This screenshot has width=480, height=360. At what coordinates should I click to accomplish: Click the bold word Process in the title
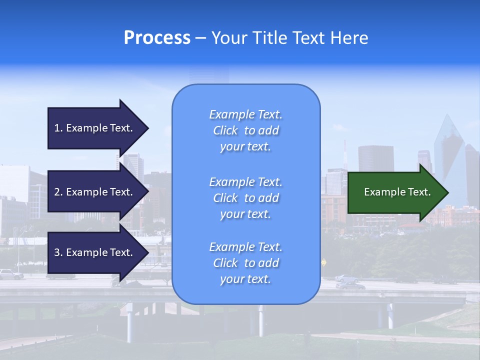[x=157, y=38]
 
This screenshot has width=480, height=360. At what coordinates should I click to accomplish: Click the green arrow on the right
[x=395, y=192]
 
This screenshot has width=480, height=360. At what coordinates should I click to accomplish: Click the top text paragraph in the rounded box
[x=245, y=130]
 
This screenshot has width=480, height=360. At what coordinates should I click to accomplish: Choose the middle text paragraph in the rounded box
[x=245, y=198]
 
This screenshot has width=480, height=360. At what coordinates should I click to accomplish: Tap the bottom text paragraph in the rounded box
[x=245, y=263]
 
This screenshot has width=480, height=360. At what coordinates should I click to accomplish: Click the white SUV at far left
[x=11, y=274]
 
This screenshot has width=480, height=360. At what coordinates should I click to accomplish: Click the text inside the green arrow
[x=397, y=192]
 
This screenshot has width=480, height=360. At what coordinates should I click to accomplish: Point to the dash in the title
[x=200, y=38]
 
